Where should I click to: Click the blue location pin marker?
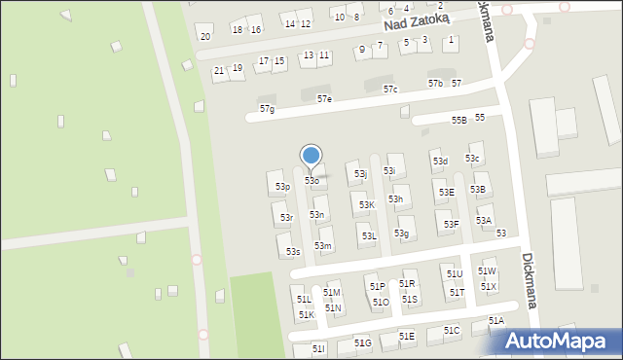[x=311, y=156]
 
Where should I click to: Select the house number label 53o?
[x=311, y=181]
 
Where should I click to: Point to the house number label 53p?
[x=282, y=186]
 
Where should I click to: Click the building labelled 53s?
[x=293, y=252]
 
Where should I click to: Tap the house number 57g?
[x=267, y=109]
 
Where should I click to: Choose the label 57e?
[x=324, y=99]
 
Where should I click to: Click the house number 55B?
[x=459, y=120]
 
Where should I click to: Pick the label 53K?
[x=366, y=205]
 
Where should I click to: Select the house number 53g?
[x=401, y=234]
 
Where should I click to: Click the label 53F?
[x=451, y=225]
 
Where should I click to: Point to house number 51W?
[x=487, y=271]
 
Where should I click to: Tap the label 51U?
[x=455, y=274]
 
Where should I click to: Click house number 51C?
[x=452, y=331]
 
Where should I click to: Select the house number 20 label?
[x=204, y=37]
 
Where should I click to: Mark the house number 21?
[x=219, y=71]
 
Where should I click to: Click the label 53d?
[x=440, y=162]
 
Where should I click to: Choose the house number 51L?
[x=304, y=300]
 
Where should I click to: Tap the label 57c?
[x=390, y=90]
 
